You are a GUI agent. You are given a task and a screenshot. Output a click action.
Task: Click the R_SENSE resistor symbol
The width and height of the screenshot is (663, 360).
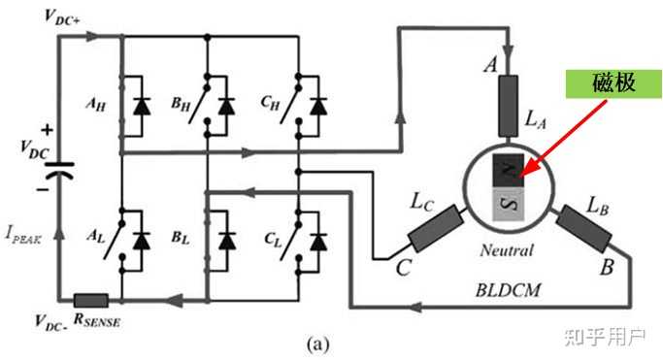91,301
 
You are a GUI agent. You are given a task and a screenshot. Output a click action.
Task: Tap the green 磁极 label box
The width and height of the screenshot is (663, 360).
613,84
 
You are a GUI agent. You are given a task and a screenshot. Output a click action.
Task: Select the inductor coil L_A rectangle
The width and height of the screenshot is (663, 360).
508,106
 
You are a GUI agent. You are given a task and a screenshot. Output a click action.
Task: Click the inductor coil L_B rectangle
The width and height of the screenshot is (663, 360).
584,229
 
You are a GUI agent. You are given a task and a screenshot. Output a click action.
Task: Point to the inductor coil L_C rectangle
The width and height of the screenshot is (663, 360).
436,228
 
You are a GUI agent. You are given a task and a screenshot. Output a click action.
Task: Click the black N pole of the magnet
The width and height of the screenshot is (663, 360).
509,170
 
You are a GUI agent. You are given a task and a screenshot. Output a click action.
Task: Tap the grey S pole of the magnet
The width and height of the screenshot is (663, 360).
509,204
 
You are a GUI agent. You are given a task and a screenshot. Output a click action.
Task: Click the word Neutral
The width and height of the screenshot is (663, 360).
506,250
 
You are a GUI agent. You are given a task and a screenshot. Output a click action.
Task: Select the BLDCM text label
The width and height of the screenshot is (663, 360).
508,290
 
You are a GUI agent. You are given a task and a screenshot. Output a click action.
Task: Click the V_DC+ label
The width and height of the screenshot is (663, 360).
62,16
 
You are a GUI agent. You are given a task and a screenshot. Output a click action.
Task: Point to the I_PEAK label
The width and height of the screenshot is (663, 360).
23,235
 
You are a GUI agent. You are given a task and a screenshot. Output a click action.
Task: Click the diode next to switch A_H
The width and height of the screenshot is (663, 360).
142,106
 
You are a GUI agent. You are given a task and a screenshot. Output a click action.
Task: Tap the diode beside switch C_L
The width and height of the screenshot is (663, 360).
318,242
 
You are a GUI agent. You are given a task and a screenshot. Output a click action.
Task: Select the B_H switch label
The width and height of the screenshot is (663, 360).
181,104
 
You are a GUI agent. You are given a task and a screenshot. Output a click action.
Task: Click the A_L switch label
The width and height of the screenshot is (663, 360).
95,236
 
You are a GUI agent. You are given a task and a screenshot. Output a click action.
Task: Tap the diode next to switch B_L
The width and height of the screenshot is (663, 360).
226,242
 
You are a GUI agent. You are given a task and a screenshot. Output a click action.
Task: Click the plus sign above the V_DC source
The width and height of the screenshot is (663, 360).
47,130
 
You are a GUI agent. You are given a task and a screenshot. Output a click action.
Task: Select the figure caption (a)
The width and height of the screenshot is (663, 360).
318,344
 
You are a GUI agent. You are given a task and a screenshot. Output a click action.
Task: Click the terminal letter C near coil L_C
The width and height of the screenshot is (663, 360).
404,268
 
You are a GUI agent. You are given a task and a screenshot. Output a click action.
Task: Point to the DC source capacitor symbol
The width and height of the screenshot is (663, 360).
59,170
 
